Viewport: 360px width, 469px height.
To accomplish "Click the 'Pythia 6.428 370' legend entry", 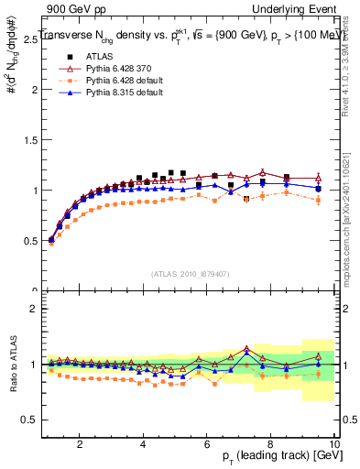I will (113, 69).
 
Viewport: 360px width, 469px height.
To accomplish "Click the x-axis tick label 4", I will (144, 444).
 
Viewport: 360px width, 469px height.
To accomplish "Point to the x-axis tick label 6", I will (208, 444).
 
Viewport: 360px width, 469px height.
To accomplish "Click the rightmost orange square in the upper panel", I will (318, 200).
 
